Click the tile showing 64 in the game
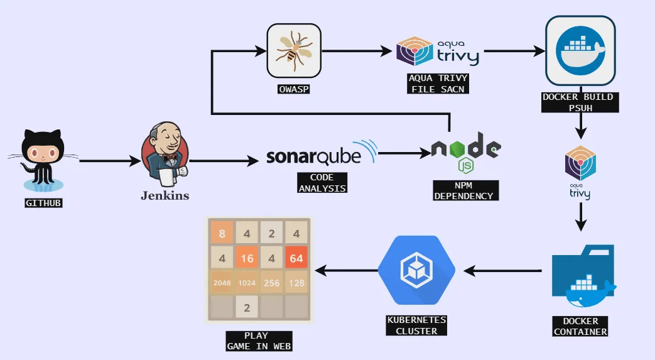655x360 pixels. [x=296, y=258]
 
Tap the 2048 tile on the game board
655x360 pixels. [x=222, y=283]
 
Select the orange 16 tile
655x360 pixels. [x=247, y=258]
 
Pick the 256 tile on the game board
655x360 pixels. [x=271, y=283]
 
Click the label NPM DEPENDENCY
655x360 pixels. [x=465, y=190]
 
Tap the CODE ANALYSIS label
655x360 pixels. [x=322, y=183]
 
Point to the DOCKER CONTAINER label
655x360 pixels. [x=580, y=326]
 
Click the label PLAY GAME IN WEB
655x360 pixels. [x=259, y=341]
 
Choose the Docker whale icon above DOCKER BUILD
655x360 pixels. [x=580, y=51]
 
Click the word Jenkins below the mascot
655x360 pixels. [x=165, y=195]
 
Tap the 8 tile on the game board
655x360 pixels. [x=222, y=234]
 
